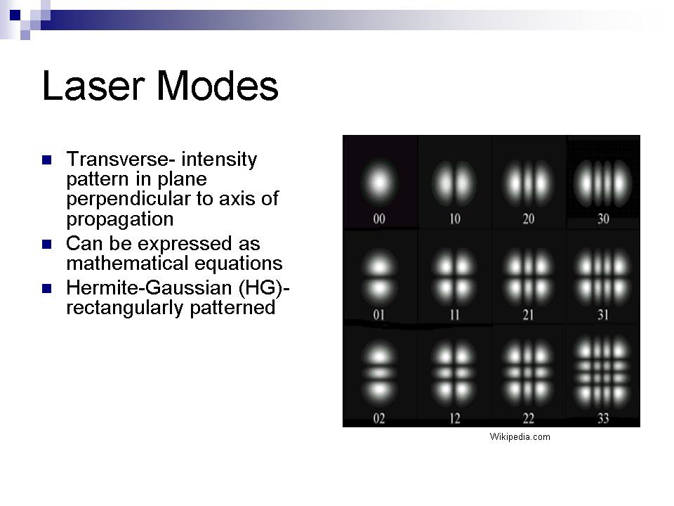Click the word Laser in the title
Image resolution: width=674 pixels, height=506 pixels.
point(93,86)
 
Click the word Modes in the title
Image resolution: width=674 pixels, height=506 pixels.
point(218,86)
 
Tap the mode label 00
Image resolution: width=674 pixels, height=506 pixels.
point(379,219)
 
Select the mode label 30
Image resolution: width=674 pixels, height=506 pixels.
point(604,219)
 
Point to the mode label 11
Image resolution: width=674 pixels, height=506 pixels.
point(455,316)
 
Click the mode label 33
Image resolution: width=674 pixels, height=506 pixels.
point(604,418)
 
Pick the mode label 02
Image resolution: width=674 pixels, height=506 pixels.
point(379,418)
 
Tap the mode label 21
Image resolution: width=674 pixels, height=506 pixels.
point(529,316)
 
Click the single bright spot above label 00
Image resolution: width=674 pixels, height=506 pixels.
point(379,183)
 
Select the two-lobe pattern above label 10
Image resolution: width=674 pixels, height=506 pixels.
point(454,183)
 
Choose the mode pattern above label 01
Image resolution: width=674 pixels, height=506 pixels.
point(379,278)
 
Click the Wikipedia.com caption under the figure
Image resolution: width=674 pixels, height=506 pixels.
point(520,437)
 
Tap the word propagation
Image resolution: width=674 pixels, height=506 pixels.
point(120,219)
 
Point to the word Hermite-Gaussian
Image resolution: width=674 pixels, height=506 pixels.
point(149,287)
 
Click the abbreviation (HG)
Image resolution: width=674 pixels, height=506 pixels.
point(260,288)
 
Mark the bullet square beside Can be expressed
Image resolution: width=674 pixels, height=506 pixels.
point(47,245)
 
